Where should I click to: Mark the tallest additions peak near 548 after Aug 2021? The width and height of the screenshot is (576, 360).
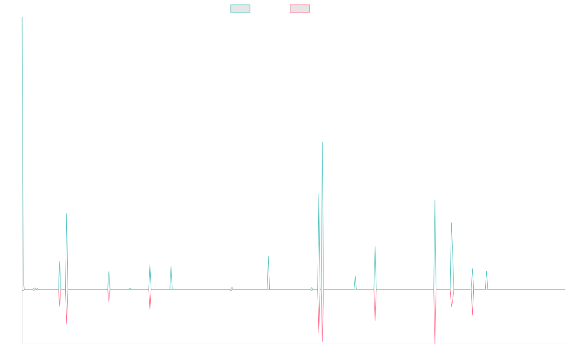(323, 142)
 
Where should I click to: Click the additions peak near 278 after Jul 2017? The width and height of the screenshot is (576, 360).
(67, 214)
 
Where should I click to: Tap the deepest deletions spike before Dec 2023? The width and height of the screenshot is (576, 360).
(435, 343)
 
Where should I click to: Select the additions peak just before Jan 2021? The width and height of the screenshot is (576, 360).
(268, 256)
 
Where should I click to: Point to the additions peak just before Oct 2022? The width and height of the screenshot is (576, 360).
(375, 246)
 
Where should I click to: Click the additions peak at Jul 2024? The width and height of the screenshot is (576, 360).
(486, 272)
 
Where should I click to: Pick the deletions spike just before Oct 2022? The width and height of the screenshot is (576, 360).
(375, 321)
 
